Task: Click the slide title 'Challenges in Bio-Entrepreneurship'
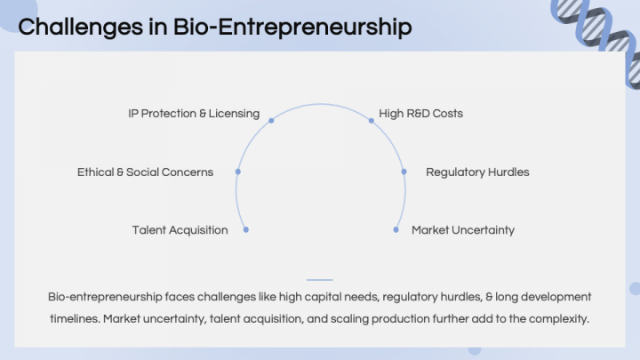(x=215, y=28)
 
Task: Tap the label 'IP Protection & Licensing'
(x=194, y=114)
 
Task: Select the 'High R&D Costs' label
(x=420, y=114)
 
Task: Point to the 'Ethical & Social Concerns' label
(x=145, y=172)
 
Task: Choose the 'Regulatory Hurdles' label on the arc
(x=477, y=172)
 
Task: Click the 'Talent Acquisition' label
(x=180, y=230)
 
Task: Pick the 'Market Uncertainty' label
(x=463, y=230)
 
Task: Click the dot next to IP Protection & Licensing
(x=271, y=120)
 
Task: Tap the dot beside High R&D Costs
(x=371, y=120)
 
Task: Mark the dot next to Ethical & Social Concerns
(x=238, y=172)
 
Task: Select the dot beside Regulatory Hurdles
(x=404, y=172)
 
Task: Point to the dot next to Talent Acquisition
(x=245, y=230)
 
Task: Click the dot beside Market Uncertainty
(x=396, y=230)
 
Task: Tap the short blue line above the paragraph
(x=320, y=280)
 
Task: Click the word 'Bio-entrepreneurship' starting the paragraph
(x=105, y=297)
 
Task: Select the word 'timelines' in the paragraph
(x=75, y=319)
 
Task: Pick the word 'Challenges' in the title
(x=80, y=28)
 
